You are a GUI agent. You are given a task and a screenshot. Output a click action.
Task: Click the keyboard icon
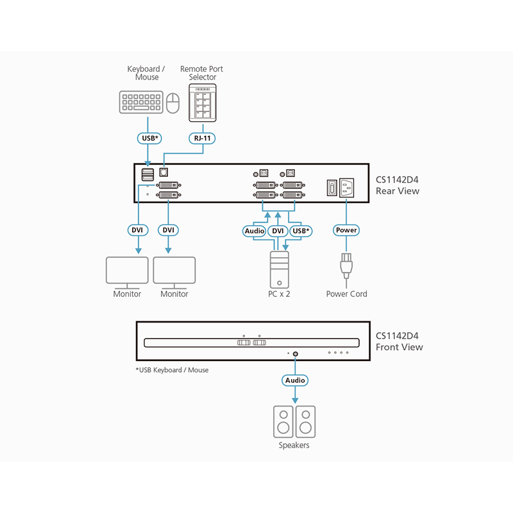pos(141,103)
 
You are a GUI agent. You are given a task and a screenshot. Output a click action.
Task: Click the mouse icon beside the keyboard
pos(172,103)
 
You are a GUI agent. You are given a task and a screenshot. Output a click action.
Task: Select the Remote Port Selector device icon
pos(203,103)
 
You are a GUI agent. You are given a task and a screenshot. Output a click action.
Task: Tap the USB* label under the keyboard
pos(149,137)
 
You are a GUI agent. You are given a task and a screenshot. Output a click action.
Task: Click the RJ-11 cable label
pos(203,137)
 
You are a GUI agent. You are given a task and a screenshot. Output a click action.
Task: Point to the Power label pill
pos(346,230)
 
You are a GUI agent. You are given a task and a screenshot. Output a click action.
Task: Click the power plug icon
pos(346,265)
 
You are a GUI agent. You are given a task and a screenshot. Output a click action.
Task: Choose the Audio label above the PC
pos(255,230)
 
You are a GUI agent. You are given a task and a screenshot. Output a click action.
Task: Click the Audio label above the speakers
pos(295,380)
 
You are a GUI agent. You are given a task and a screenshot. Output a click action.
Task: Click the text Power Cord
pos(346,294)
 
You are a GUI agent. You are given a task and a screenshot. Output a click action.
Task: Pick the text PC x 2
pos(279,294)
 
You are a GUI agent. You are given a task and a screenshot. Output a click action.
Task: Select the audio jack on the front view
pos(295,353)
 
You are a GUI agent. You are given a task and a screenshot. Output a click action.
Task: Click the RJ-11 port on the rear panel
pos(165,172)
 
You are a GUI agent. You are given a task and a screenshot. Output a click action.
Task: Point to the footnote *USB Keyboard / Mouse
pos(172,370)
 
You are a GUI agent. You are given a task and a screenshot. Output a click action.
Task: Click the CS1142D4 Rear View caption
pos(398,185)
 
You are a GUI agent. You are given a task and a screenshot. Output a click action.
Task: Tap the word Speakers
pos(294,445)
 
